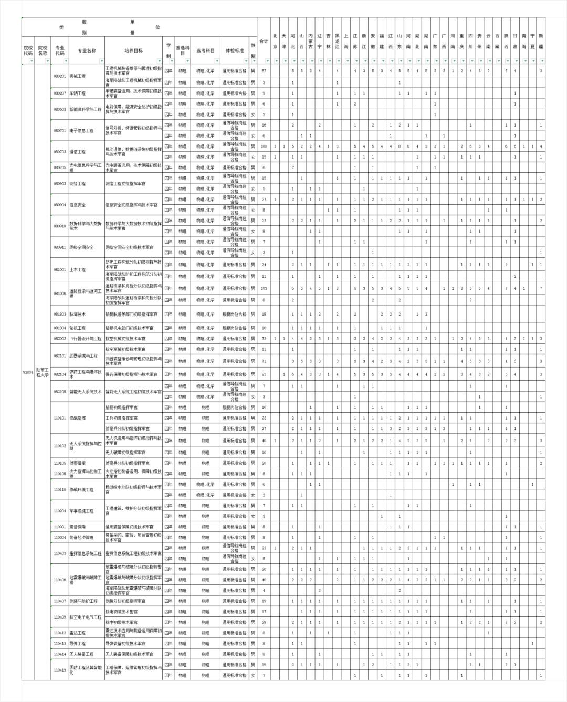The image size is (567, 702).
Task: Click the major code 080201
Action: click(x=60, y=76)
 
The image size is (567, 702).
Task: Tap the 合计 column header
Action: click(x=264, y=40)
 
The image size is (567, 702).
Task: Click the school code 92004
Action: click(x=28, y=372)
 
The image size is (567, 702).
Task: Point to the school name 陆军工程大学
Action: click(x=43, y=372)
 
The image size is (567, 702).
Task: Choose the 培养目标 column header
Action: click(x=133, y=50)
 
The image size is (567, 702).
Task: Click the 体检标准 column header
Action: click(x=235, y=50)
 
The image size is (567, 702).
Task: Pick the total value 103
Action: click(x=264, y=288)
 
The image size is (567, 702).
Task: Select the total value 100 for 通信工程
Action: click(x=264, y=146)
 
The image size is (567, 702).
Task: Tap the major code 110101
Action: click(x=60, y=418)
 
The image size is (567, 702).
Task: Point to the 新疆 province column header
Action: click(x=541, y=40)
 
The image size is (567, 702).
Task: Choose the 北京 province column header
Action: click(x=275, y=40)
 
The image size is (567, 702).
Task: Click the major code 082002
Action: click(x=60, y=339)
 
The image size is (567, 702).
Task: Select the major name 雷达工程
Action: click(x=78, y=633)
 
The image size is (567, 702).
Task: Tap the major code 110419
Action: click(x=60, y=670)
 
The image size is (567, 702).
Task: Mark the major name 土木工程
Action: click(x=78, y=270)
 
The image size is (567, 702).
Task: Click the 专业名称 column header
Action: click(x=87, y=50)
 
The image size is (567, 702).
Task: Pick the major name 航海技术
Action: click(x=78, y=314)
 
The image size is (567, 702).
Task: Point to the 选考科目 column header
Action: click(x=205, y=50)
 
